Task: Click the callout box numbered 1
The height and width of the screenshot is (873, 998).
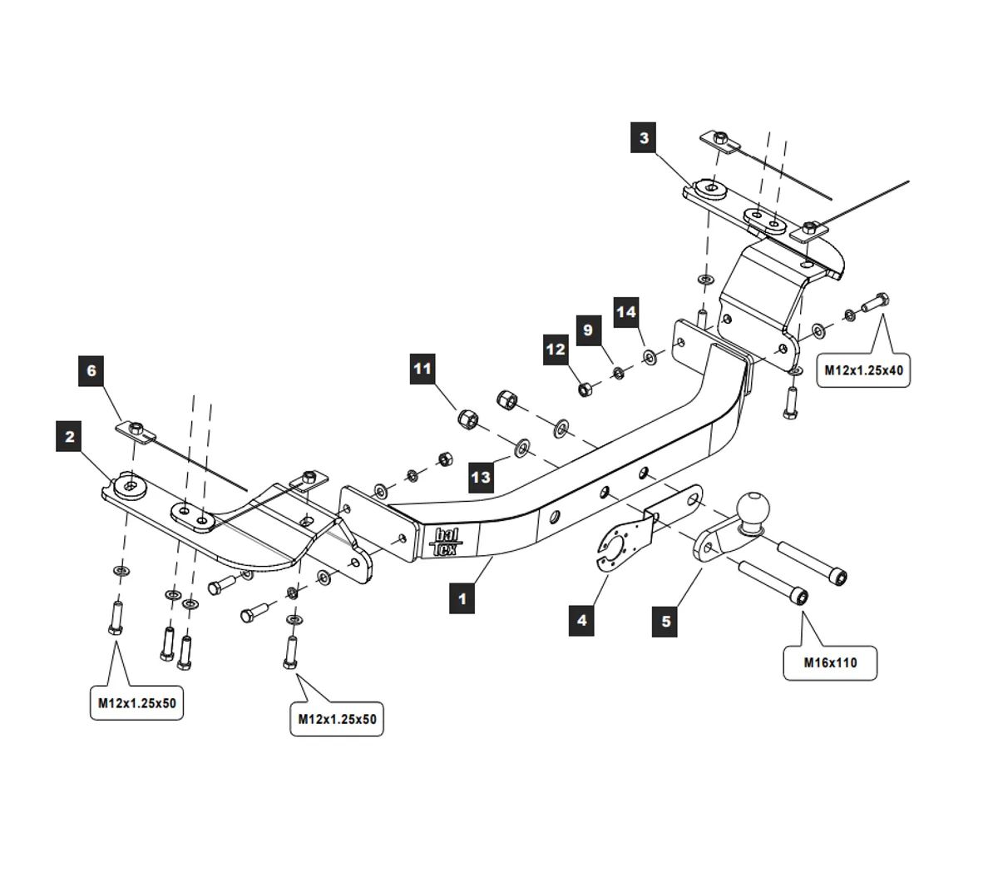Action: [462, 598]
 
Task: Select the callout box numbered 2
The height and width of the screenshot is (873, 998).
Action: [70, 437]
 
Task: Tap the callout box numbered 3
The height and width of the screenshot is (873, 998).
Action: [644, 137]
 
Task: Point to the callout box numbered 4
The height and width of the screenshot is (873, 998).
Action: [582, 620]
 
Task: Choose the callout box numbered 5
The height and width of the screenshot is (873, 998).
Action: [666, 621]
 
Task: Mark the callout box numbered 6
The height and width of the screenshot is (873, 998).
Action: [92, 370]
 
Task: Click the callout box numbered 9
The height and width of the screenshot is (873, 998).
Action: [588, 330]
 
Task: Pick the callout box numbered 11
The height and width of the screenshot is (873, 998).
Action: [423, 368]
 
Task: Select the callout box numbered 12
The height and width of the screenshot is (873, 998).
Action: [556, 350]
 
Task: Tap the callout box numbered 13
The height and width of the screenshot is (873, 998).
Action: [482, 477]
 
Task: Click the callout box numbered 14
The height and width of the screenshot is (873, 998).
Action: [626, 312]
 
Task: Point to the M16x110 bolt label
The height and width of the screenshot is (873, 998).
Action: [830, 663]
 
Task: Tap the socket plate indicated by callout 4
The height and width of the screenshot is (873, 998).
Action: [616, 546]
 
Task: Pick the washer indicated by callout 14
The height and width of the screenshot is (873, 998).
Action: [649, 358]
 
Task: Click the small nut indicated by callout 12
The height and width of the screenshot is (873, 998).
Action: [584, 387]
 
